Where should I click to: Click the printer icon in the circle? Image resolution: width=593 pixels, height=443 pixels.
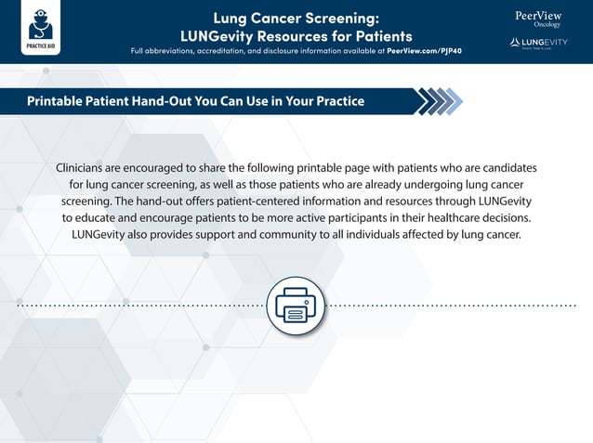click(296, 305)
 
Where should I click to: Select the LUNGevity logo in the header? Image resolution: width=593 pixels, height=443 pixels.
click(539, 44)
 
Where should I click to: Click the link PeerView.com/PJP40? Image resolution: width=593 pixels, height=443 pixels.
click(424, 50)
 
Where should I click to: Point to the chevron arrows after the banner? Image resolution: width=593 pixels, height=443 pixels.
click(437, 100)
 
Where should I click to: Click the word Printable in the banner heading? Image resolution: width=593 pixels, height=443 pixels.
click(60, 100)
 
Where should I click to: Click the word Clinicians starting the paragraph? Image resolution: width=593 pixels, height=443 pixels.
click(86, 167)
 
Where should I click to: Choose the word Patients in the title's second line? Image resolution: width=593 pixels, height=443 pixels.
click(378, 35)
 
